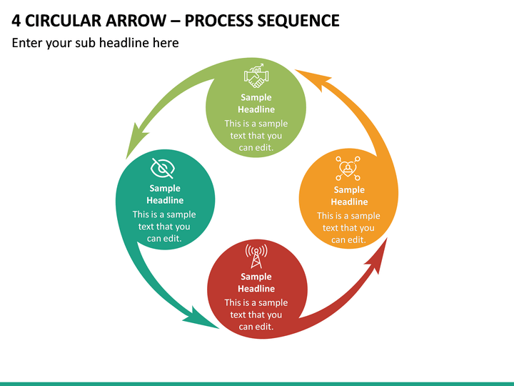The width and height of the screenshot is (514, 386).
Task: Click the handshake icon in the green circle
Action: (x=256, y=76)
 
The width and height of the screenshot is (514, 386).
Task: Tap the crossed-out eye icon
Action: (x=162, y=169)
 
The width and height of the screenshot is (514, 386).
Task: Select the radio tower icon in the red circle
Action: (x=256, y=257)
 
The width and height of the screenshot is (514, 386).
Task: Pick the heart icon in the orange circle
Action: (x=348, y=169)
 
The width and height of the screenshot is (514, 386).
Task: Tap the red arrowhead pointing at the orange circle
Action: (x=377, y=256)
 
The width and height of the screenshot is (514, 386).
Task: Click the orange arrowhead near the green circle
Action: (x=313, y=79)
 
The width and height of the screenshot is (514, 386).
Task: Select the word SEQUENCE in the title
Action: (x=298, y=21)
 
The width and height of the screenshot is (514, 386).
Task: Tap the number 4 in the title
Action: (x=16, y=21)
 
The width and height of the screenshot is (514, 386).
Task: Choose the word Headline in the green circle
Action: (x=256, y=109)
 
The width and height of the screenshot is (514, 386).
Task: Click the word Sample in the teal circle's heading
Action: (x=165, y=189)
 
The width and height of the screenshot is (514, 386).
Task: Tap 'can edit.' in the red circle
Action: (x=256, y=327)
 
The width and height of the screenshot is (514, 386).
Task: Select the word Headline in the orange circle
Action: (x=349, y=202)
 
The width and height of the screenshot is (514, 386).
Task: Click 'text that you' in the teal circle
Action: (x=164, y=227)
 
